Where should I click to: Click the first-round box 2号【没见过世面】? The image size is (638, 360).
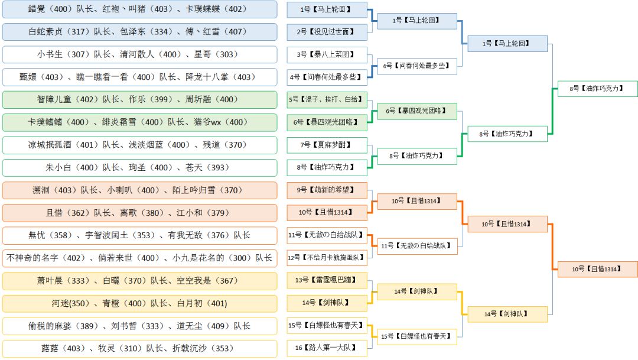pyautogui.click(x=327, y=32)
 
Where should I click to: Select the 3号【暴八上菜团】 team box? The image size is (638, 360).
pyautogui.click(x=327, y=54)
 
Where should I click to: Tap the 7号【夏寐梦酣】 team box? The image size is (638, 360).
pyautogui.click(x=327, y=145)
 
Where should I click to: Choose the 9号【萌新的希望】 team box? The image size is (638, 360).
pyautogui.click(x=327, y=190)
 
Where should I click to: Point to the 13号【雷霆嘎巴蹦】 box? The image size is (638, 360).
pyautogui.click(x=327, y=280)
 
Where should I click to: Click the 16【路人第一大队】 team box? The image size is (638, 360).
pyautogui.click(x=327, y=348)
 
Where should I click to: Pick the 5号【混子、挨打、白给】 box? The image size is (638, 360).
pyautogui.click(x=327, y=99)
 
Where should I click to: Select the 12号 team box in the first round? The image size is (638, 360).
pyautogui.click(x=327, y=257)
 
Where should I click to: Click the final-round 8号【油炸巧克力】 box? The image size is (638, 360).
pyautogui.click(x=597, y=89)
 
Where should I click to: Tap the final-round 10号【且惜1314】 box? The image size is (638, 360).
pyautogui.click(x=597, y=269)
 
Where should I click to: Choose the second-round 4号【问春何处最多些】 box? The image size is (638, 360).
pyautogui.click(x=417, y=66)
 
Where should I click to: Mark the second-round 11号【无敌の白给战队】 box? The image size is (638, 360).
pyautogui.click(x=417, y=245)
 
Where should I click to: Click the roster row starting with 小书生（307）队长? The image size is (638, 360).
pyautogui.click(x=139, y=54)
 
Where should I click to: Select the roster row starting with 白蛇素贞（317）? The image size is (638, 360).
pyautogui.click(x=139, y=32)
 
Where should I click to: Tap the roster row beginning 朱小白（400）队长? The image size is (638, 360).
pyautogui.click(x=139, y=167)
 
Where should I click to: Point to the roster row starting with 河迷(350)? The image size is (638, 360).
pyautogui.click(x=139, y=303)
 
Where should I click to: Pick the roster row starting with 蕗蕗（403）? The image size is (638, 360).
pyautogui.click(x=139, y=348)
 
